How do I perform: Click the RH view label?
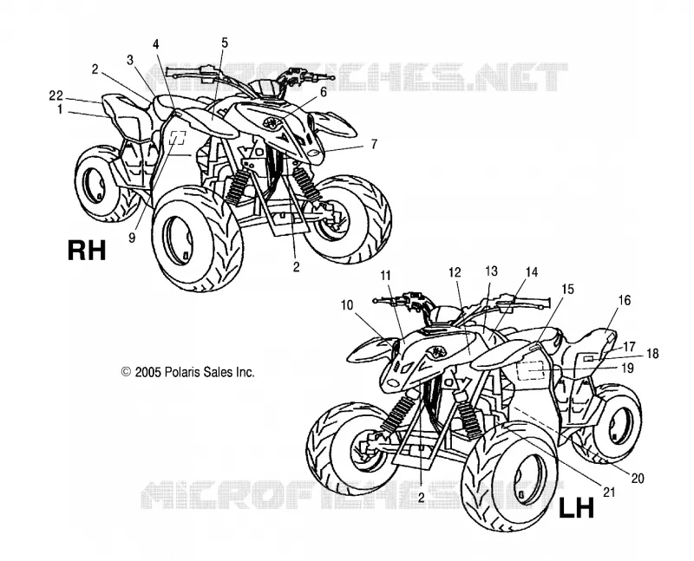pyautogui.click(x=87, y=250)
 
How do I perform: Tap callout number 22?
pyautogui.click(x=56, y=95)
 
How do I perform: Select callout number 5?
pyautogui.click(x=225, y=42)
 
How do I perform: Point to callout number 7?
pyautogui.click(x=375, y=144)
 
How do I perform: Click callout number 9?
pyautogui.click(x=132, y=238)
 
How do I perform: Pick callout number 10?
pyautogui.click(x=348, y=305)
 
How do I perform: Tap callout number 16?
pyautogui.click(x=624, y=301)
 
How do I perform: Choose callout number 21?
pyautogui.click(x=610, y=492)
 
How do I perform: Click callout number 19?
pyautogui.click(x=627, y=368)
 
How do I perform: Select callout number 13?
pyautogui.click(x=491, y=271)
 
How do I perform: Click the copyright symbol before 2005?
pyautogui.click(x=126, y=372)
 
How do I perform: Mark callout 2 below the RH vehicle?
pyautogui.click(x=296, y=266)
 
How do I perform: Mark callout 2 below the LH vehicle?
pyautogui.click(x=421, y=498)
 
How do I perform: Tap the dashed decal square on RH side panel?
pyautogui.click(x=178, y=138)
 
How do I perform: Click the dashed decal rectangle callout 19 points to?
pyautogui.click(x=531, y=369)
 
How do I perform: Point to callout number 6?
pyautogui.click(x=323, y=92)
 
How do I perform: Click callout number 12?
pyautogui.click(x=455, y=272)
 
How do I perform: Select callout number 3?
pyautogui.click(x=129, y=60)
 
